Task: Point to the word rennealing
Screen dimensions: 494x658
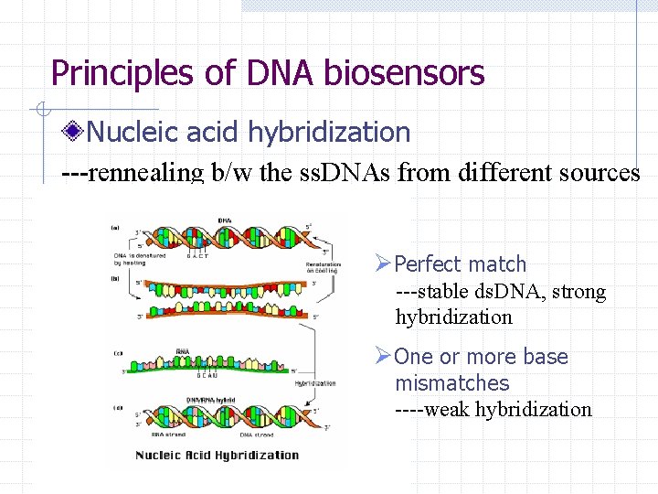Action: point(148,172)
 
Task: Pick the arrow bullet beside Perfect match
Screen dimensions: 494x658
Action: point(383,264)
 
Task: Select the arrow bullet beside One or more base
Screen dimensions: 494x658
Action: point(383,357)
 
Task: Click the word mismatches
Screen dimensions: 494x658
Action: point(451,383)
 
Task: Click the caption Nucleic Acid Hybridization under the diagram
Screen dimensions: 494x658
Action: point(218,455)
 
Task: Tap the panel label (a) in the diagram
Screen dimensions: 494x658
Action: point(115,227)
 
